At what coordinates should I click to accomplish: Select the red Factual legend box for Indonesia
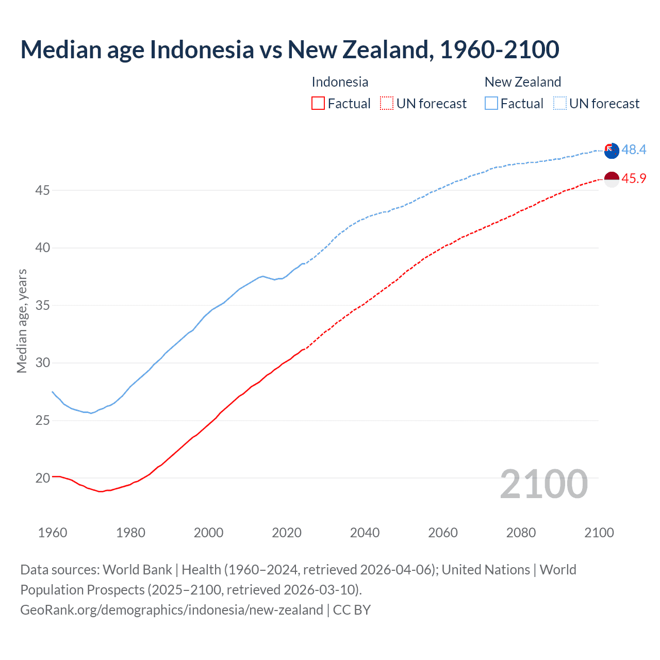(x=318, y=104)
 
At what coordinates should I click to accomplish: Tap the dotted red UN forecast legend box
(x=387, y=104)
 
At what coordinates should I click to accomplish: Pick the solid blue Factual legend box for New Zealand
(x=491, y=104)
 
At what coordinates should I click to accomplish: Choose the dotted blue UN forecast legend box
(x=559, y=104)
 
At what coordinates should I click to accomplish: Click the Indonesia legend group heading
(x=340, y=82)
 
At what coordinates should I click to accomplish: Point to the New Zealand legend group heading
(x=522, y=82)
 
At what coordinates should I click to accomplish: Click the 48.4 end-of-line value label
(x=634, y=150)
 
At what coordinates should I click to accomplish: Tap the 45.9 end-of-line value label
(x=634, y=179)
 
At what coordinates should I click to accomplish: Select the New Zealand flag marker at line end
(x=612, y=151)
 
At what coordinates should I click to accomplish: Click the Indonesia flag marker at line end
(x=612, y=179)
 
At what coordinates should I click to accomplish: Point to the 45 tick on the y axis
(x=42, y=191)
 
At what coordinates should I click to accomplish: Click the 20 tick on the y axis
(x=42, y=478)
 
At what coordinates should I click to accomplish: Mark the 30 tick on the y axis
(x=42, y=363)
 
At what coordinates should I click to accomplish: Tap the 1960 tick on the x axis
(x=53, y=533)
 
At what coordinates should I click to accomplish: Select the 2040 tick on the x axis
(x=365, y=533)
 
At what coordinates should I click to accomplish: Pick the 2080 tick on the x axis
(x=521, y=533)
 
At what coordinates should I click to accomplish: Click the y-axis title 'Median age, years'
(x=22, y=321)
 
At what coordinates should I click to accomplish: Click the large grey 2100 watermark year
(x=543, y=484)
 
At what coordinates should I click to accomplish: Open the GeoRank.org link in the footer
(x=171, y=610)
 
